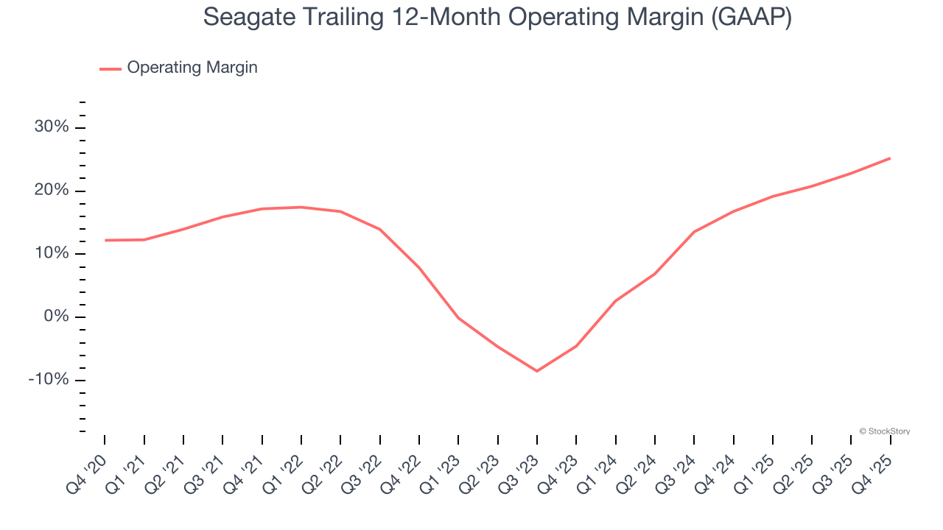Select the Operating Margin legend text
pyautogui.click(x=192, y=68)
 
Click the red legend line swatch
pyautogui.click(x=111, y=68)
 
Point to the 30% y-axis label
pyautogui.click(x=52, y=127)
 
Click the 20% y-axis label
pyautogui.click(x=52, y=191)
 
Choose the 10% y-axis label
pyautogui.click(x=52, y=254)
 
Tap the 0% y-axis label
pyautogui.click(x=56, y=317)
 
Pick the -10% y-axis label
pyautogui.click(x=49, y=380)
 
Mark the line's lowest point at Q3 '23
pyautogui.click(x=537, y=371)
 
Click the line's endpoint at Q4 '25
pyautogui.click(x=890, y=158)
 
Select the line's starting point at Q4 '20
pyautogui.click(x=105, y=240)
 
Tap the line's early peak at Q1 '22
pyautogui.click(x=301, y=207)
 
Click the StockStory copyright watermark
pyautogui.click(x=884, y=431)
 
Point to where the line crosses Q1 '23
pyautogui.click(x=458, y=318)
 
